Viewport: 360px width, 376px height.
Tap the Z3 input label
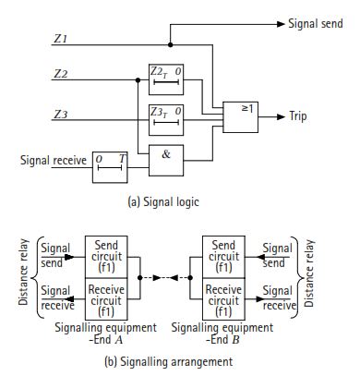61,115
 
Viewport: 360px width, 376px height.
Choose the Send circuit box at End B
222,255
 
